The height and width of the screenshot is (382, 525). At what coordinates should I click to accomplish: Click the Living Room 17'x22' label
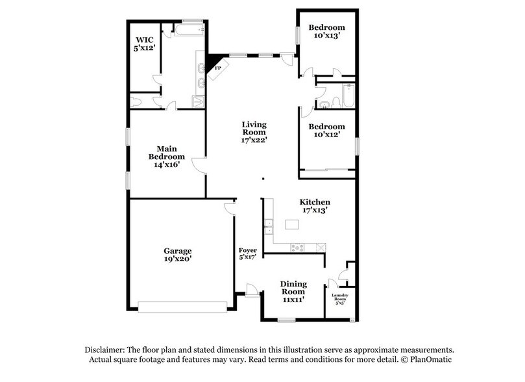(254, 132)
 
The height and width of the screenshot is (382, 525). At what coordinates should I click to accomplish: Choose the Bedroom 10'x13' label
(326, 31)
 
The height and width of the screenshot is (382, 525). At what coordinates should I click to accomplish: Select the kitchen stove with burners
(297, 247)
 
